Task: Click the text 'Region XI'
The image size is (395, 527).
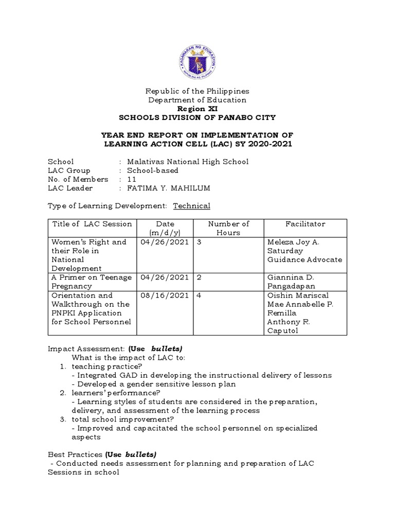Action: (197, 109)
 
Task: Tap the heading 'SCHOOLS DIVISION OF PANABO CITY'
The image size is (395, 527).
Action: (197, 117)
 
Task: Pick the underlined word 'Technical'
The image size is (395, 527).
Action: (191, 206)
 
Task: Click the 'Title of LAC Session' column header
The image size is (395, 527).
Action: (92, 224)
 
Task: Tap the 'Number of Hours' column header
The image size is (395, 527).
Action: (228, 228)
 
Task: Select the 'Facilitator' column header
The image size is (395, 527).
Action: (306, 224)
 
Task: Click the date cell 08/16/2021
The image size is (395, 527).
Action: (165, 295)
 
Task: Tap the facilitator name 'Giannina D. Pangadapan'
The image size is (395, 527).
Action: (290, 282)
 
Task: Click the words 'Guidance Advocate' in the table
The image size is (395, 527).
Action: (304, 259)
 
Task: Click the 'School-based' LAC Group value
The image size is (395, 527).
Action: (153, 170)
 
